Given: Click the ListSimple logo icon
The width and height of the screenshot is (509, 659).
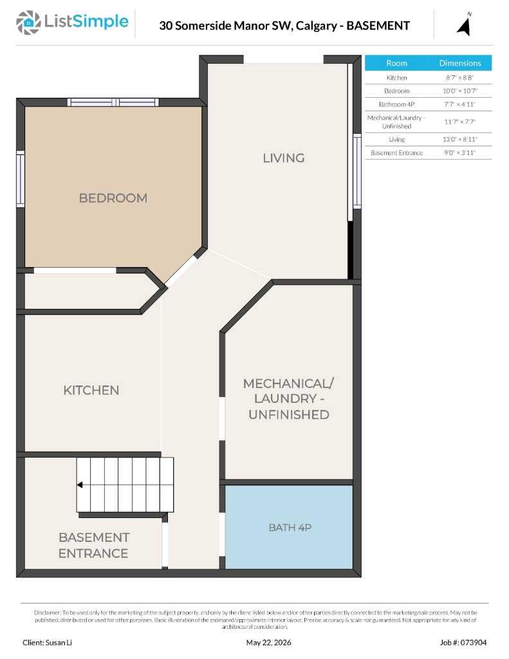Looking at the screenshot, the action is click(28, 23).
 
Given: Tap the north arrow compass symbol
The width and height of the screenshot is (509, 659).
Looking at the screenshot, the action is click(464, 25).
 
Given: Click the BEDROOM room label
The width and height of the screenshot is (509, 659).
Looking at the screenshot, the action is click(113, 198).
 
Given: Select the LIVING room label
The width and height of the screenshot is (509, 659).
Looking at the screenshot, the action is click(284, 158).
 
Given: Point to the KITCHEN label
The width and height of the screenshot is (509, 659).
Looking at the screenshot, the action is click(91, 390).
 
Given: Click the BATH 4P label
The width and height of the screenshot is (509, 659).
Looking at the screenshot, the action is click(290, 528).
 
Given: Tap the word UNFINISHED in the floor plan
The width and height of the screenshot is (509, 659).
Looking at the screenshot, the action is click(289, 414).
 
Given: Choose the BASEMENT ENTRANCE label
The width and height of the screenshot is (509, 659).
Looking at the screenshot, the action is click(94, 545).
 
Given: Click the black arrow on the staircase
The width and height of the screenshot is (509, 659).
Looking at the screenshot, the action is click(79, 485).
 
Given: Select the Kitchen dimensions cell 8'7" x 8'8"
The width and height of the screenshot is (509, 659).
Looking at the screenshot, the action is click(460, 78).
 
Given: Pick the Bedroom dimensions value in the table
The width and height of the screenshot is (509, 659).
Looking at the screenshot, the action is click(460, 91).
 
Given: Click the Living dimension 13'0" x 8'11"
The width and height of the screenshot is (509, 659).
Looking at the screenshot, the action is click(460, 139).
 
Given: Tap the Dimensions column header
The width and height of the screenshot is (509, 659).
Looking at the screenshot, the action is click(460, 63).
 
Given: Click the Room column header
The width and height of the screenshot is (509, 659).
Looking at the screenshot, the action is click(397, 63).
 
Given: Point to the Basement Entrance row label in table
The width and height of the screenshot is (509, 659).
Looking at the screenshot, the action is click(397, 153).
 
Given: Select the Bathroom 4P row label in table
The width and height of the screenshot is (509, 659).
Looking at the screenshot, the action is click(397, 104).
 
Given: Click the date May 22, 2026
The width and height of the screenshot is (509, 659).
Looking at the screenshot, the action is click(268, 643).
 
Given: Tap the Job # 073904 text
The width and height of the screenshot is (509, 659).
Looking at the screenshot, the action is click(463, 643).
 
